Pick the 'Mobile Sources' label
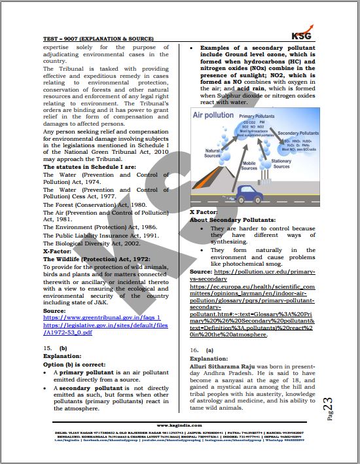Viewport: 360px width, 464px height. pyautogui.click(x=249, y=166)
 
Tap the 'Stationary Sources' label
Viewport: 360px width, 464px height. pyautogui.click(x=281, y=164)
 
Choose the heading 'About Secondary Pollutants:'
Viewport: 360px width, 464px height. pyautogui.click(x=232, y=220)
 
